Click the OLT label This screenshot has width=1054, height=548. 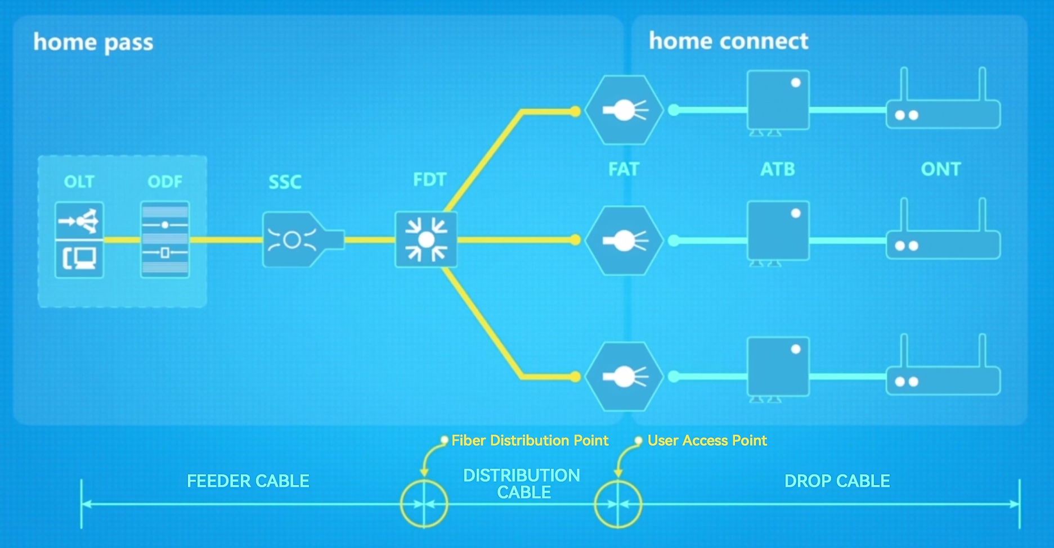coord(79,182)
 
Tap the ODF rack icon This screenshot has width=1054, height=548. coord(165,239)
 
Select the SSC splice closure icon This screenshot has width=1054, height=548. coord(298,240)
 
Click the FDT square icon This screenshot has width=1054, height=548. coord(426,240)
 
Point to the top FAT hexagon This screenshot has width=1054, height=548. coord(624,110)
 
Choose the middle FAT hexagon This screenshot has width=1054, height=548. coord(624,241)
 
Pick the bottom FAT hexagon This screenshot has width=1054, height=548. coord(624,377)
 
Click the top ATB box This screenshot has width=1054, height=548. coord(778,100)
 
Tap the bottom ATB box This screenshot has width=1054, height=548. coord(778,367)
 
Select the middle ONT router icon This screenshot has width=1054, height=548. coord(943,242)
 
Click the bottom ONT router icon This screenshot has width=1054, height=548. coord(943,378)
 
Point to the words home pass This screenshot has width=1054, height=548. coord(93,43)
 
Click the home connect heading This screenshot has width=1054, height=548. coord(728,41)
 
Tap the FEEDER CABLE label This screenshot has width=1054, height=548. coord(248,481)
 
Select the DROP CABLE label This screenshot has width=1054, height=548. coord(837,481)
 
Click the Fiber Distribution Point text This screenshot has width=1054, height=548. coord(530,441)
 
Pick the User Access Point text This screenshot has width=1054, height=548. coord(707,441)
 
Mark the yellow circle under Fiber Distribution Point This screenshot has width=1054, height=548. coord(424,504)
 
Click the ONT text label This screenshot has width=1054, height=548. coord(940,169)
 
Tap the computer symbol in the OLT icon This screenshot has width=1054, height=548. coord(79,259)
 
